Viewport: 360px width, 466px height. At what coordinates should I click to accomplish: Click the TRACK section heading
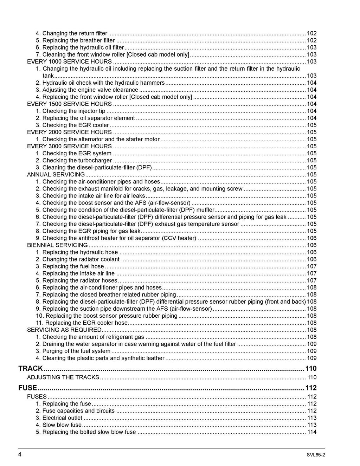point(31,368)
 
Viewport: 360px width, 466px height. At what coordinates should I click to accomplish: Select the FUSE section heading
point(27,388)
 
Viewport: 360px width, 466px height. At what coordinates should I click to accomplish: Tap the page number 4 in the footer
point(20,454)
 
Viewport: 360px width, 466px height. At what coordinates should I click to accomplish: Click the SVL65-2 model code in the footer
point(315,455)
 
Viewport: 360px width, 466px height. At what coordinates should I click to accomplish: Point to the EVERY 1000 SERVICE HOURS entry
point(69,62)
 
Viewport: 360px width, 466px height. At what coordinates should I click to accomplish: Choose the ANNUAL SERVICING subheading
point(56,174)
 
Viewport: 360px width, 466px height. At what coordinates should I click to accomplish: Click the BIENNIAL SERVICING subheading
point(57,245)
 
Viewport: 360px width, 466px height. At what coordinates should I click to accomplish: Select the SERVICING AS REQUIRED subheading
point(64,330)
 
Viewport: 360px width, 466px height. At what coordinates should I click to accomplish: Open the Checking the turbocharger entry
point(77,160)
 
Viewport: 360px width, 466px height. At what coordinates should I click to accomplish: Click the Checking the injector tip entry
point(74,111)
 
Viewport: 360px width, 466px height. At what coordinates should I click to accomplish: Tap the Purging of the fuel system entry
point(76,351)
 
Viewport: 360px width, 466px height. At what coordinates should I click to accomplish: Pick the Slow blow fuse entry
point(62,425)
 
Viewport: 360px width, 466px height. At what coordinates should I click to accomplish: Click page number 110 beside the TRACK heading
point(311,368)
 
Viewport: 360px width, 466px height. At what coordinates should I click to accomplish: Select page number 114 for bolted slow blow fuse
point(312,432)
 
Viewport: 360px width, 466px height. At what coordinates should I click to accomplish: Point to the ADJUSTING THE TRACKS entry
point(63,377)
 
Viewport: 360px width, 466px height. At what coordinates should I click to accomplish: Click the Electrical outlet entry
point(62,418)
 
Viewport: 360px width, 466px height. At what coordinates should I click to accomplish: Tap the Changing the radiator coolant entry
point(81,259)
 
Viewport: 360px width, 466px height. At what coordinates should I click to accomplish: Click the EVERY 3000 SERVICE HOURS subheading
point(69,146)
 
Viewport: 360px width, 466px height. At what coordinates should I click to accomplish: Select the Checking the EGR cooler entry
point(76,125)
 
